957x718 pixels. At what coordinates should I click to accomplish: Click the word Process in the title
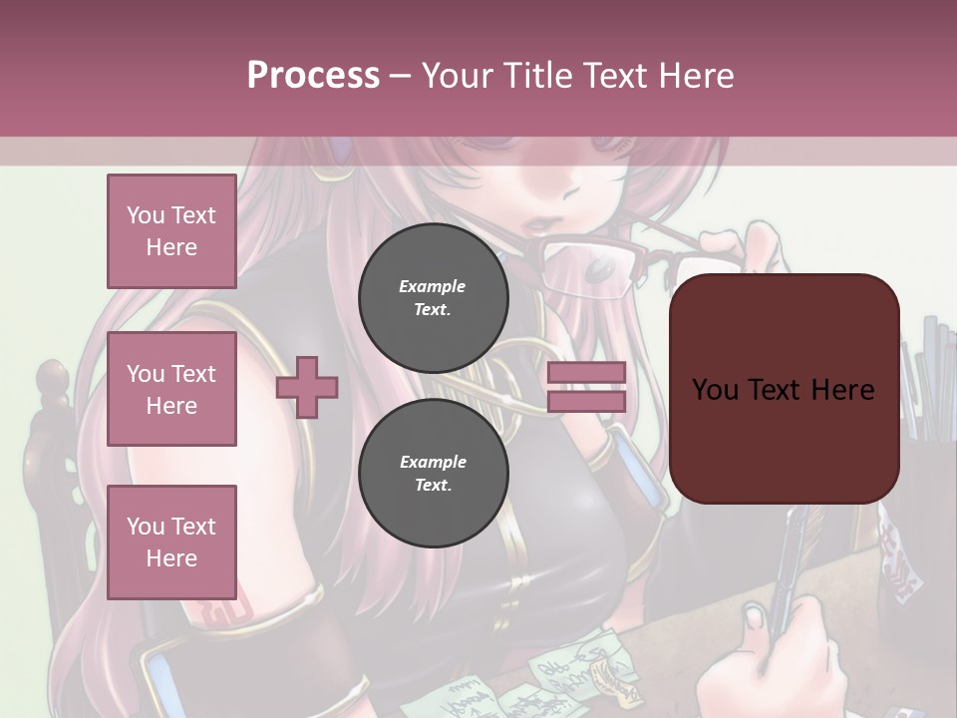click(x=313, y=75)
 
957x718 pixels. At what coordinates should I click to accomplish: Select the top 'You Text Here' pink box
click(x=171, y=231)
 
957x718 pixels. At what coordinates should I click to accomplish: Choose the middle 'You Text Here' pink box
click(x=171, y=389)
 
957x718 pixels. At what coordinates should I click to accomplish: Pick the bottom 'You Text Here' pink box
click(x=171, y=541)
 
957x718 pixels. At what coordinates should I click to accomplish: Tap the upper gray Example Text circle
click(x=433, y=297)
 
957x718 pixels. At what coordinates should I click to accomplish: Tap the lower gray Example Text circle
click(x=433, y=473)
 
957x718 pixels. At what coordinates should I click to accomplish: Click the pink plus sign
click(x=307, y=388)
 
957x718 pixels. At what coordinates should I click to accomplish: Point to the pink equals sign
click(x=586, y=387)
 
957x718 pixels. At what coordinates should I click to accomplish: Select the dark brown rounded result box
click(x=784, y=389)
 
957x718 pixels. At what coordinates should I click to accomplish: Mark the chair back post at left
click(x=50, y=419)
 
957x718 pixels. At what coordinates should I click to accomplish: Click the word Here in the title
click(x=695, y=75)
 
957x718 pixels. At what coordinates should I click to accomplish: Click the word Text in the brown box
click(x=784, y=389)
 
